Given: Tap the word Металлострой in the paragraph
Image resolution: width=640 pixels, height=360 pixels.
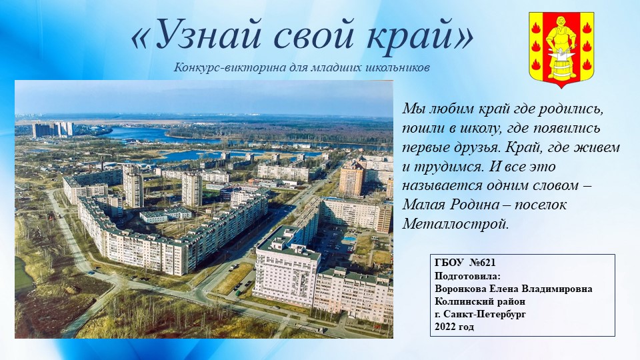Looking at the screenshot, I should click(455, 224).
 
